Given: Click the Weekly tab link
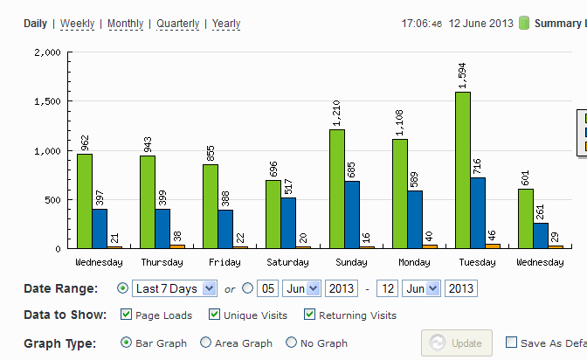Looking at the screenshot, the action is coord(77,24).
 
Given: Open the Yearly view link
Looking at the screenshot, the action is coord(226,24).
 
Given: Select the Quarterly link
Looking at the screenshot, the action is coord(178,24).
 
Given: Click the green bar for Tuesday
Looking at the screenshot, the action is coord(463,170).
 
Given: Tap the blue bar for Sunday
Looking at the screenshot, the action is coord(352,215).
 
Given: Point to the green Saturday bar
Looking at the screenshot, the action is coord(273,214).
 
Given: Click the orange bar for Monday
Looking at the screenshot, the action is coord(430,246).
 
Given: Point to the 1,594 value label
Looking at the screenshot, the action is coord(462,76).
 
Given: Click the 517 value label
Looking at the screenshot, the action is coord(288,187).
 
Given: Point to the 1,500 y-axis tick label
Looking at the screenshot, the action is coord(47,101).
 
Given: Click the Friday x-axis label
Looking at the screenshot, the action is coord(224,262).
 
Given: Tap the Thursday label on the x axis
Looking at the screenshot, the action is coord(162,262).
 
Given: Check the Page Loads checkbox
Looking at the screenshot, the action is coord(126,315).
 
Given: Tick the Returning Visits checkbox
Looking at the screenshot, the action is coord(309,315).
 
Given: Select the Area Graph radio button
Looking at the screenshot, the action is coord(205,343).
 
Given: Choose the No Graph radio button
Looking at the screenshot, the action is coord(291,343).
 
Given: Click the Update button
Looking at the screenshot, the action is coord(457,343).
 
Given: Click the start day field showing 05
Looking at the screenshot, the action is coord(267,289).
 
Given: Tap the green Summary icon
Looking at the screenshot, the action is coord(524,23).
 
